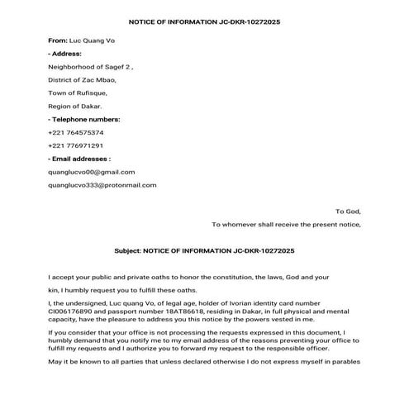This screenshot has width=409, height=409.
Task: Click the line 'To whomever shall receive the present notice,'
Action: [x=286, y=224]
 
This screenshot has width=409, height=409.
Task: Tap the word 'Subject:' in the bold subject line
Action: [x=127, y=250]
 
